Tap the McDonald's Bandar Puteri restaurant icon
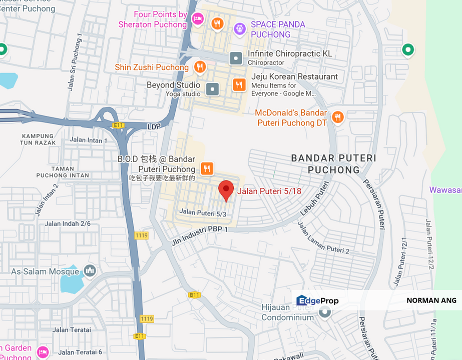[x=338, y=117]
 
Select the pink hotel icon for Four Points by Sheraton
[x=198, y=18]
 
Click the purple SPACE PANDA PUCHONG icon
[x=240, y=29]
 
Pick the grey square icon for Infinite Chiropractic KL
[x=236, y=58]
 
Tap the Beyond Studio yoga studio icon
[x=213, y=89]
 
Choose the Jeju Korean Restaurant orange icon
[x=239, y=84]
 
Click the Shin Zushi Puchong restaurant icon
[x=200, y=67]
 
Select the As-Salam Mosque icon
[x=90, y=271]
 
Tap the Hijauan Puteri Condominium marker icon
[x=325, y=312]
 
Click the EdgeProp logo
[x=317, y=300]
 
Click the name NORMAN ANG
[x=431, y=300]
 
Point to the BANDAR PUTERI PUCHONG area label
[x=333, y=164]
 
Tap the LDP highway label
[x=154, y=127]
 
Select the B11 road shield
[x=195, y=295]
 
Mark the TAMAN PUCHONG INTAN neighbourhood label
[x=63, y=172]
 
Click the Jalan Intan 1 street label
[x=89, y=140]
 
